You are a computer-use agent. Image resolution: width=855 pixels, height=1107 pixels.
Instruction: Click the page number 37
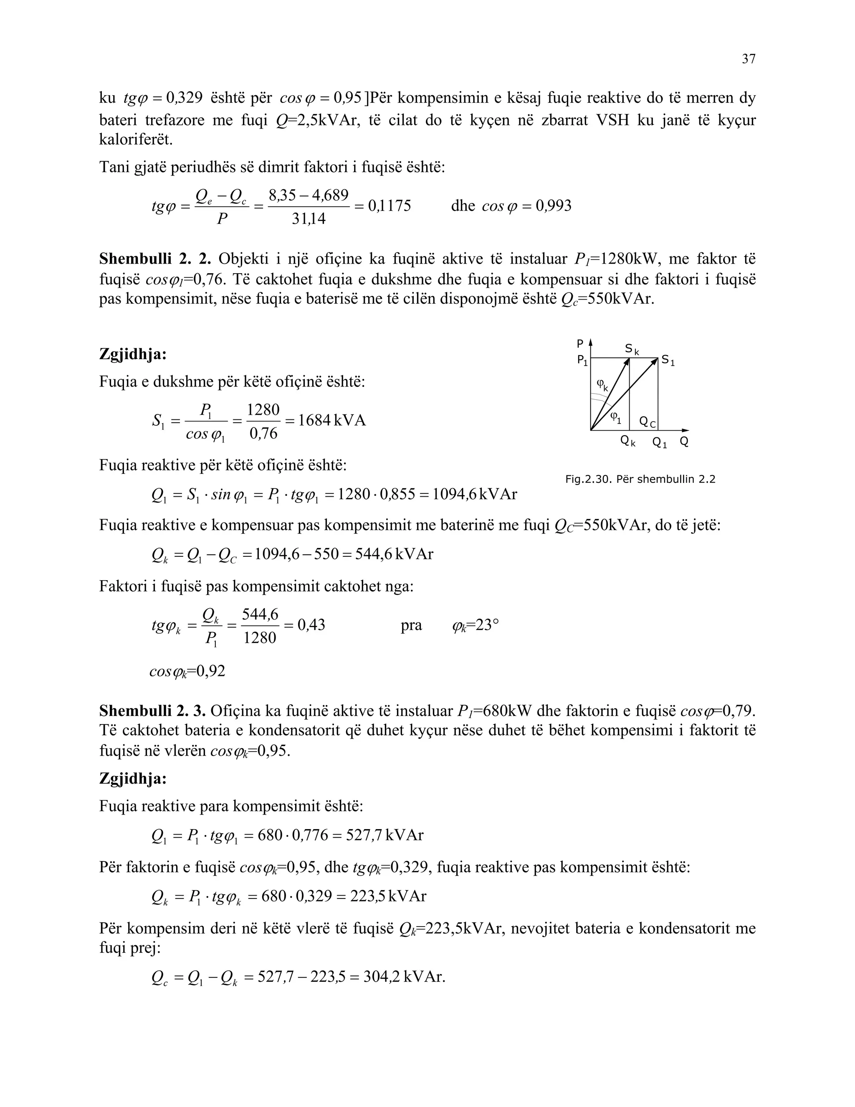point(748,59)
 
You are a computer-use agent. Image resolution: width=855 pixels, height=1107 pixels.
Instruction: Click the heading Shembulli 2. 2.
point(155,259)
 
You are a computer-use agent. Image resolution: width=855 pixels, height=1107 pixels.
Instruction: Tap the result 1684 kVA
point(332,420)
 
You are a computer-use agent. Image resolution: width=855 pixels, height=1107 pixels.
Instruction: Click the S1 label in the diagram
point(668,361)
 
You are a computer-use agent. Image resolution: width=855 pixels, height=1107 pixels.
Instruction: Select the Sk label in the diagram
point(632,349)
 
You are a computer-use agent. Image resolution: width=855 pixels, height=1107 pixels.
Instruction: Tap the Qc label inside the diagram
point(648,422)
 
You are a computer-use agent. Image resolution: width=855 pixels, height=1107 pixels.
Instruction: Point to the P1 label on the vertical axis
point(582,361)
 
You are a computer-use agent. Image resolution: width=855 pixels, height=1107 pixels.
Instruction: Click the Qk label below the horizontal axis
point(627,442)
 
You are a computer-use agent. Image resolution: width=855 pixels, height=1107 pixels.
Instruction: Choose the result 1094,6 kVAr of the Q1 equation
point(475,494)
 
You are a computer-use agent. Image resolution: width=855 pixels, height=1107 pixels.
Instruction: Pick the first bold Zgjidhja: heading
point(133,354)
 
